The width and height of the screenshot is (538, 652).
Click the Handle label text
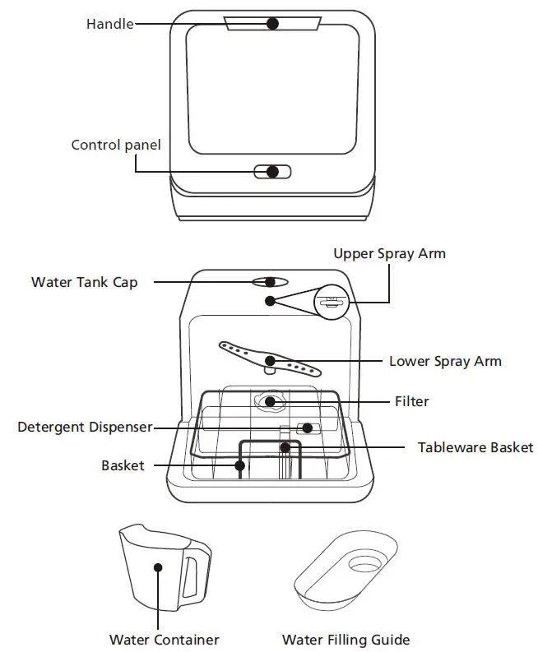pos(109,24)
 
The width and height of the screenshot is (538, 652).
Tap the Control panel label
pos(116,145)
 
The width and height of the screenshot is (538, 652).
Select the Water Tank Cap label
pos(85,282)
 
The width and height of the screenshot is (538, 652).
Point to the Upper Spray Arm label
pos(389,253)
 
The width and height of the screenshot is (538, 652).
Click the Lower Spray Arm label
pos(445,361)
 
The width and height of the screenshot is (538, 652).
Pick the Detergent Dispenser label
pos(86,428)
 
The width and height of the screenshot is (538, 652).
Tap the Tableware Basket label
pos(475,448)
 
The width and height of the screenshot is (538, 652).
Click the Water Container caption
pos(165,639)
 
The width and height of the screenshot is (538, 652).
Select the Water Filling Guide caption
pos(346,639)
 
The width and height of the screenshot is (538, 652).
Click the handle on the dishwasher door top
pos(272,25)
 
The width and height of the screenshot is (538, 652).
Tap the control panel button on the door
pos(272,172)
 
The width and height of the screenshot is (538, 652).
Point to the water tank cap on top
pos(270,282)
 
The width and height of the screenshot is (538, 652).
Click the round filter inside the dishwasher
pos(270,402)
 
